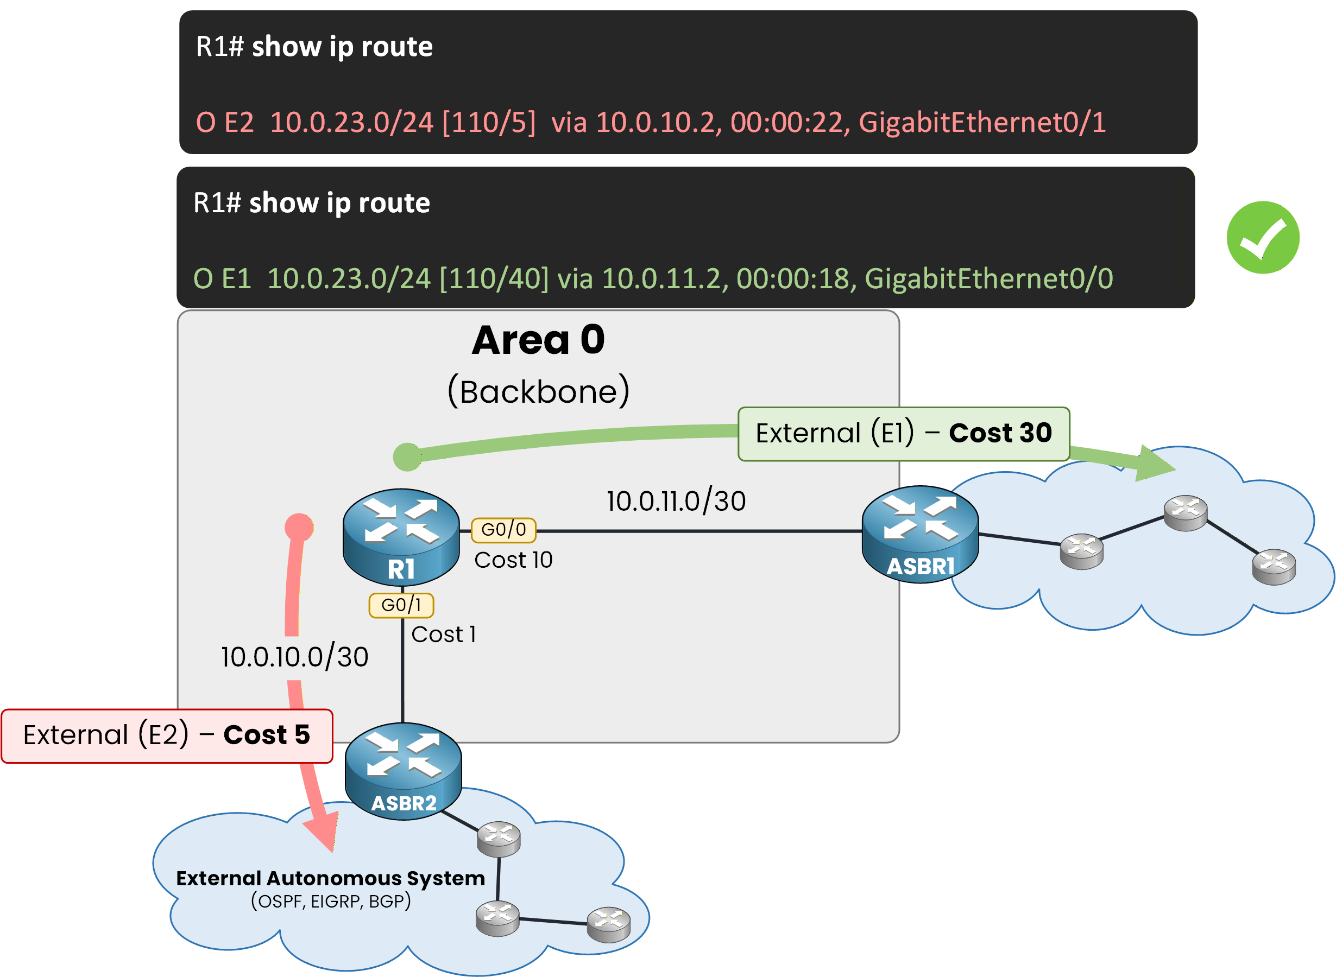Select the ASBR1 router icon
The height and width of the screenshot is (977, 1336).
point(920,534)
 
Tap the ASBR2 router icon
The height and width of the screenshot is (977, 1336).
point(403,771)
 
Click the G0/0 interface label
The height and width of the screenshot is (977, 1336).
point(503,530)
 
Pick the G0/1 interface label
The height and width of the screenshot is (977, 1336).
point(401,605)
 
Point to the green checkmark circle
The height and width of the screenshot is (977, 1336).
point(1263,237)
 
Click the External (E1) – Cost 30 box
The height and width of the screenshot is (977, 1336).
point(904,434)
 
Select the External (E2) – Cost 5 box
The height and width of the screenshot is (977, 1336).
point(167,735)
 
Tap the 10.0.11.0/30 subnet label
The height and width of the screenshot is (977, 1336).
point(676,502)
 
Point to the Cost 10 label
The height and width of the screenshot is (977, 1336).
point(513,560)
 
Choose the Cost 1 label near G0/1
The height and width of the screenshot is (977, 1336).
point(443,635)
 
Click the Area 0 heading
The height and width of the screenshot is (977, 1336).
point(538,340)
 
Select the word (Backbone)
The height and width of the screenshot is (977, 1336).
point(538,391)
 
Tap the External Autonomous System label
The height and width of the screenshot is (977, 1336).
point(330,878)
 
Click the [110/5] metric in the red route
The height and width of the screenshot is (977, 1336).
point(489,123)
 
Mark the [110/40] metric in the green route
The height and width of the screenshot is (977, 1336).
point(494,278)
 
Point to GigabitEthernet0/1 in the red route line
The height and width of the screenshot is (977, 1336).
point(981,123)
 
